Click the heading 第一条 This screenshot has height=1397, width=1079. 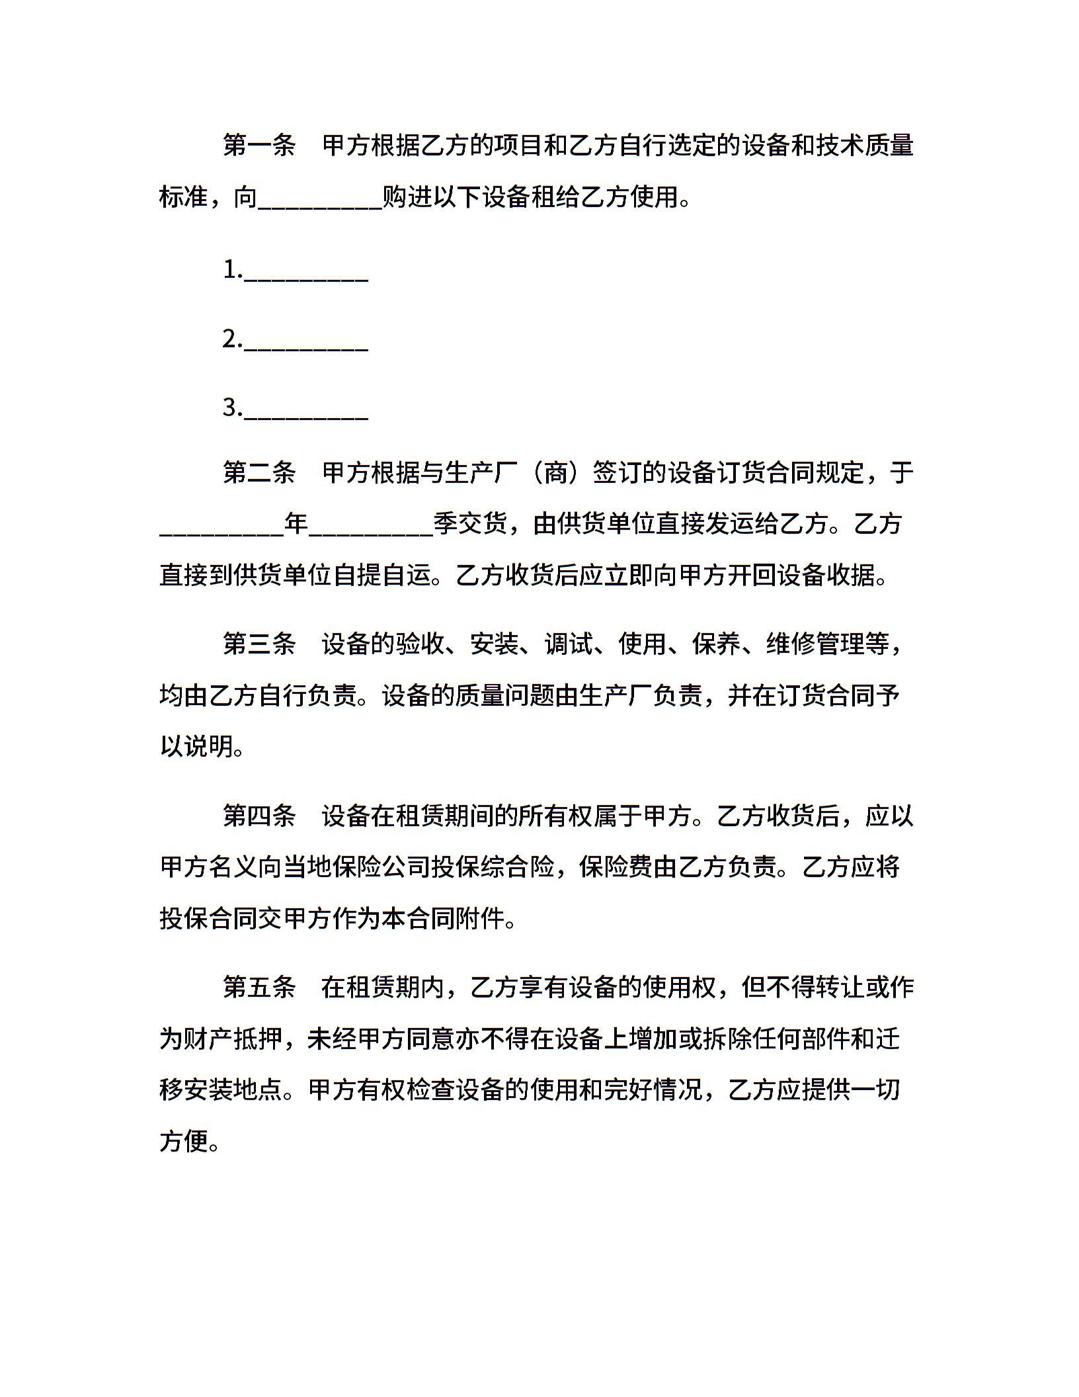pos(259,146)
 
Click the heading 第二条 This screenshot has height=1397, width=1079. pos(259,472)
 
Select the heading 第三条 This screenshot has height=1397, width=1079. pos(259,644)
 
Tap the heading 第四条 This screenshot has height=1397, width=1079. pos(259,816)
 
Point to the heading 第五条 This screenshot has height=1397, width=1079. pos(259,988)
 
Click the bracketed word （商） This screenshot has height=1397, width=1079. pos(555,472)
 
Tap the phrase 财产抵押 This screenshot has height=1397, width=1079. pos(233,1039)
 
